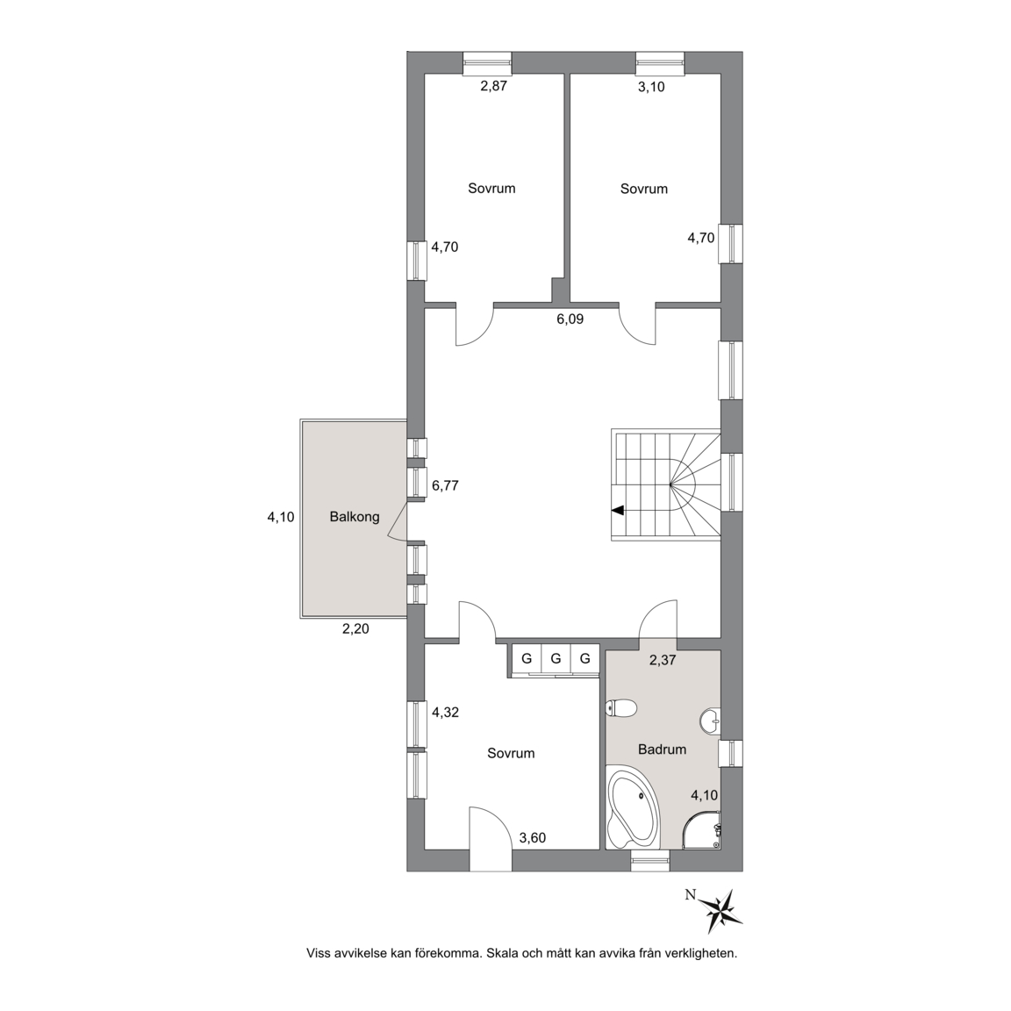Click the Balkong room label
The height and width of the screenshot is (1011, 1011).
click(x=354, y=516)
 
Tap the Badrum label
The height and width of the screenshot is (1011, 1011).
click(x=663, y=749)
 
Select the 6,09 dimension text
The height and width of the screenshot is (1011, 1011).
click(x=570, y=319)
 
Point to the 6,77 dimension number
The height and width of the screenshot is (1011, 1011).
click(x=445, y=485)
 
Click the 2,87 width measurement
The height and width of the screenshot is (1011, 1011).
click(x=494, y=86)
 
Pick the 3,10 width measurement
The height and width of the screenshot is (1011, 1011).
click(x=651, y=86)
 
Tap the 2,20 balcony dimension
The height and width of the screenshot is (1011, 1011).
click(x=355, y=628)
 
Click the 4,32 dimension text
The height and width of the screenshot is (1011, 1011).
click(x=445, y=713)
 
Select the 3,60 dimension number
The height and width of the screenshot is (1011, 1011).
click(x=533, y=837)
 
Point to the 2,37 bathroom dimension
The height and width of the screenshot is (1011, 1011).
click(x=663, y=660)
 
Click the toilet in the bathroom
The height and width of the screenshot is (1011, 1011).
click(x=621, y=708)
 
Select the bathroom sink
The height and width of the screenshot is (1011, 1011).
click(x=711, y=721)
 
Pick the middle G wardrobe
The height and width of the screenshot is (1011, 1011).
click(x=556, y=659)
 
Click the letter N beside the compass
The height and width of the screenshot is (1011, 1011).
click(x=691, y=894)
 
